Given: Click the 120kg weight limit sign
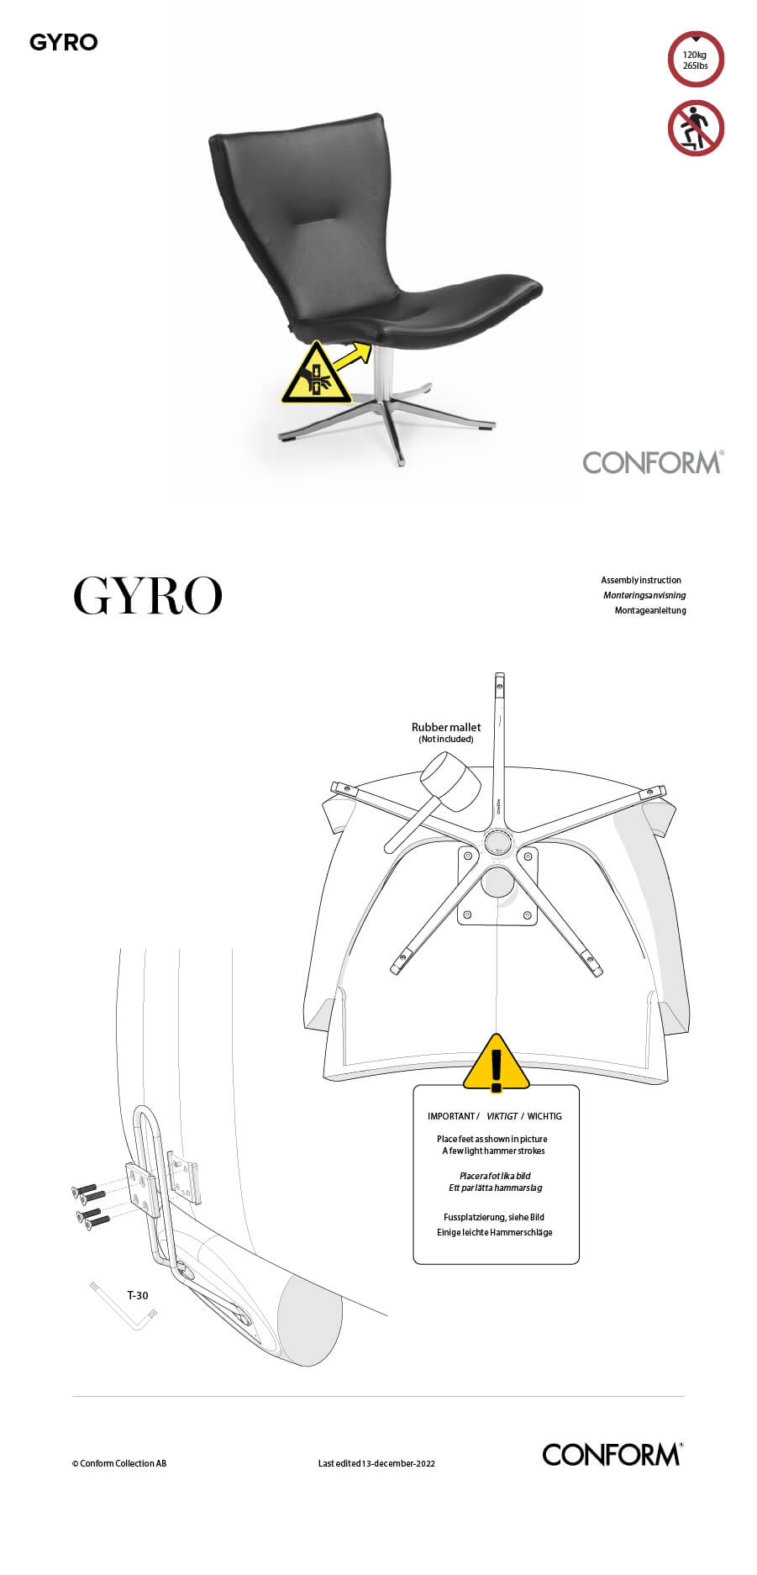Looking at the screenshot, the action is point(696,60).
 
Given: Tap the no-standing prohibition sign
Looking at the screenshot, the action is point(696,129).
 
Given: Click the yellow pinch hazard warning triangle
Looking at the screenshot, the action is point(316,375).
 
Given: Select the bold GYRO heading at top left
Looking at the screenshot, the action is point(64,42).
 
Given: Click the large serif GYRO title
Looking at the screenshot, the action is point(148,595).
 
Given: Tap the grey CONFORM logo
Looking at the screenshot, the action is point(653,462).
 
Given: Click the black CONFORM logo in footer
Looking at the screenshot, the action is point(612,1454).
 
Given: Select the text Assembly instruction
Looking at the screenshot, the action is point(641,580).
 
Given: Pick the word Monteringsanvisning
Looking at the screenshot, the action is point(644,595).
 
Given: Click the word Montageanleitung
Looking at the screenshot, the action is point(650,610).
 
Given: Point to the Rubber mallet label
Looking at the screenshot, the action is point(446,727).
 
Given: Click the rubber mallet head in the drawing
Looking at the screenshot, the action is point(451,781).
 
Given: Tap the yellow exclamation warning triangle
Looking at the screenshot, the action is point(497,1063).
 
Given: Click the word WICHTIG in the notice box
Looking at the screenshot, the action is point(544,1116).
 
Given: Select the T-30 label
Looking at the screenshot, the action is point(138,1295).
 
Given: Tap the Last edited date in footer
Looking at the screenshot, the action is point(376,1463).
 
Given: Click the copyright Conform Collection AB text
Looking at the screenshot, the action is point(119,1463).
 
